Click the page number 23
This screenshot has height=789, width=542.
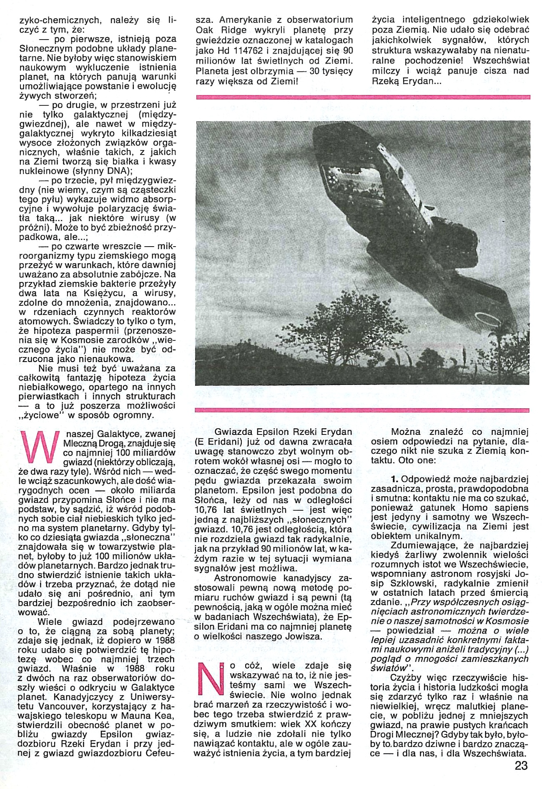click(521, 765)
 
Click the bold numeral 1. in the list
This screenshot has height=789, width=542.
click(395, 479)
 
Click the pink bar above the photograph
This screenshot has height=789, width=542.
click(363, 97)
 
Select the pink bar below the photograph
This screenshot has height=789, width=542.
click(363, 410)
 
